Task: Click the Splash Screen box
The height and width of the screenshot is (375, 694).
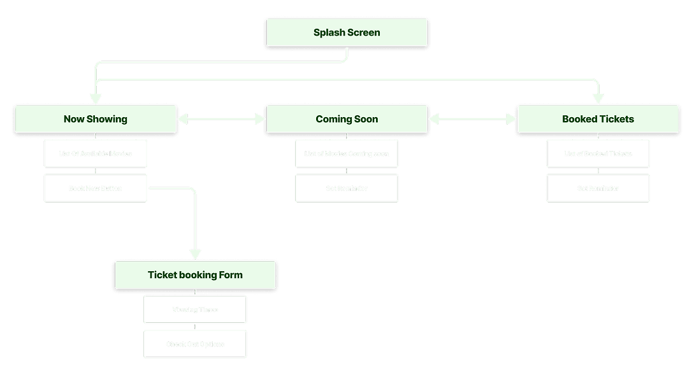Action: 347,32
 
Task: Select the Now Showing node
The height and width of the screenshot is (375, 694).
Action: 95,119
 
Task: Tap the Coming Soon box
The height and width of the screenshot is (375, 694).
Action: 347,119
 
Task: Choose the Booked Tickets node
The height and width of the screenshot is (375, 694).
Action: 598,119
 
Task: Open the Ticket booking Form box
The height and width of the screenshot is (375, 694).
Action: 195,275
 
